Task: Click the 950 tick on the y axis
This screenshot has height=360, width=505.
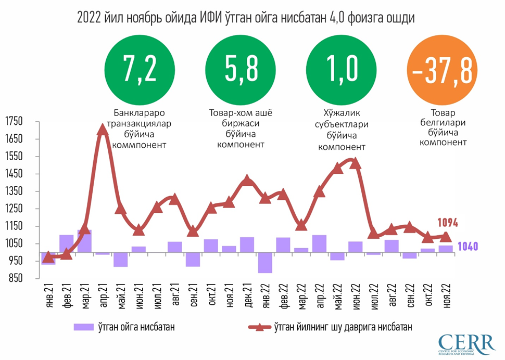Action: click(15, 261)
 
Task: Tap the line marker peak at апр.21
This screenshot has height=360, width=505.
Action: click(103, 130)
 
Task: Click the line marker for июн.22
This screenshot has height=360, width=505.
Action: click(355, 163)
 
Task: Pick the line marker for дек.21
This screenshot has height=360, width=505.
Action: click(247, 181)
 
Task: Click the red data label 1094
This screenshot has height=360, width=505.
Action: click(448, 223)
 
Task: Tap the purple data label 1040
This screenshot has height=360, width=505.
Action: click(468, 247)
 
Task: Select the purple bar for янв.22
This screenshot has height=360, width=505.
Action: click(265, 263)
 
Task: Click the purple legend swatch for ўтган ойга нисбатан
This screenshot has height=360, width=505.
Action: click(82, 327)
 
